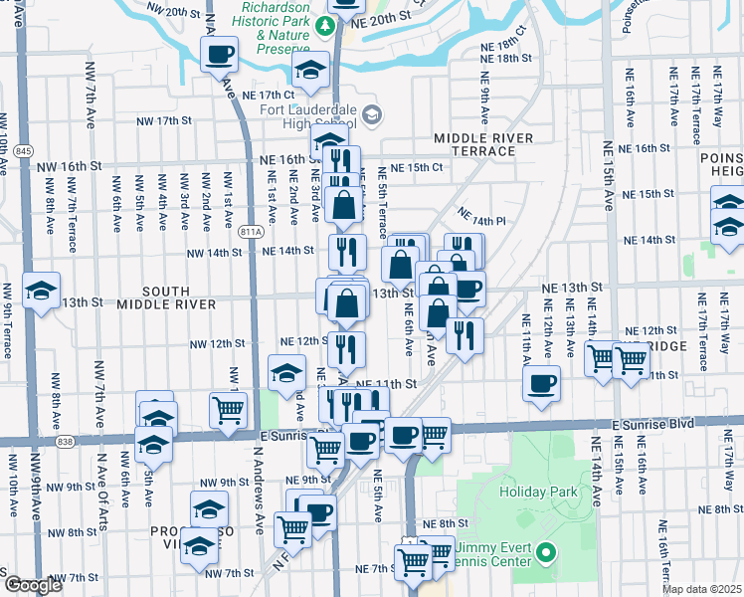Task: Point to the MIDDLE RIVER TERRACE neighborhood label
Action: tap(483, 144)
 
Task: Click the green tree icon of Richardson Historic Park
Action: tap(324, 24)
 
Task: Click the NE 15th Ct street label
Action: tap(416, 167)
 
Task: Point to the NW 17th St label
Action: tap(163, 121)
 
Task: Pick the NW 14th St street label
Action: tap(217, 252)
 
